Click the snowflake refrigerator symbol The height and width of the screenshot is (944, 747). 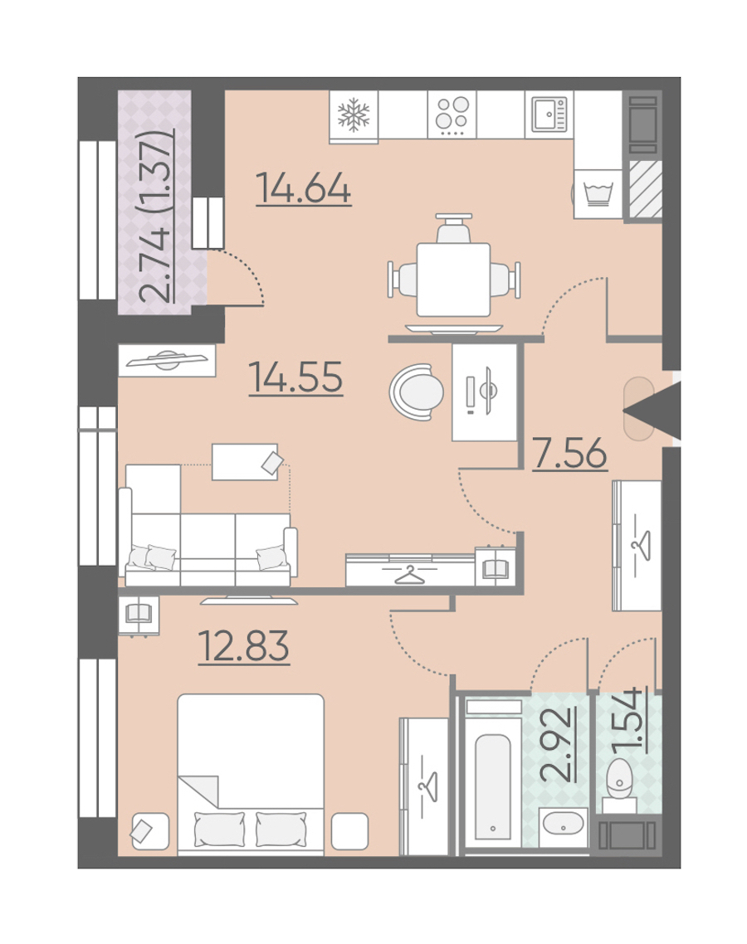pos(354,115)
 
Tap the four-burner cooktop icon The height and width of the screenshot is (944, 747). pos(452,114)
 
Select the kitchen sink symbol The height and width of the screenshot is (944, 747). pos(549,114)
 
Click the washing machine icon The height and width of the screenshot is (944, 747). pos(598,193)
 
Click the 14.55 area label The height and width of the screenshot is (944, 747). pos(295,377)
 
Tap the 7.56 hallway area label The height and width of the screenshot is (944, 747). pos(570,453)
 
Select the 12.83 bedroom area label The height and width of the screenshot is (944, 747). pos(244,646)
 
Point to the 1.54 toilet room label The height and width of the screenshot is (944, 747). pos(627,720)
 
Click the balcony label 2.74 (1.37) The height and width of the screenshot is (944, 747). pos(156,216)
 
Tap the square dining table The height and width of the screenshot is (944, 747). pos(453,280)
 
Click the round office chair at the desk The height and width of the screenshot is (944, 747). pos(417,392)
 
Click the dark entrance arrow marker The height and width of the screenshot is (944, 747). pos(652,411)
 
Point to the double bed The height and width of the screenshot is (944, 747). pos(251,774)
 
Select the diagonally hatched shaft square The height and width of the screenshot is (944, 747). pos(646,189)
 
